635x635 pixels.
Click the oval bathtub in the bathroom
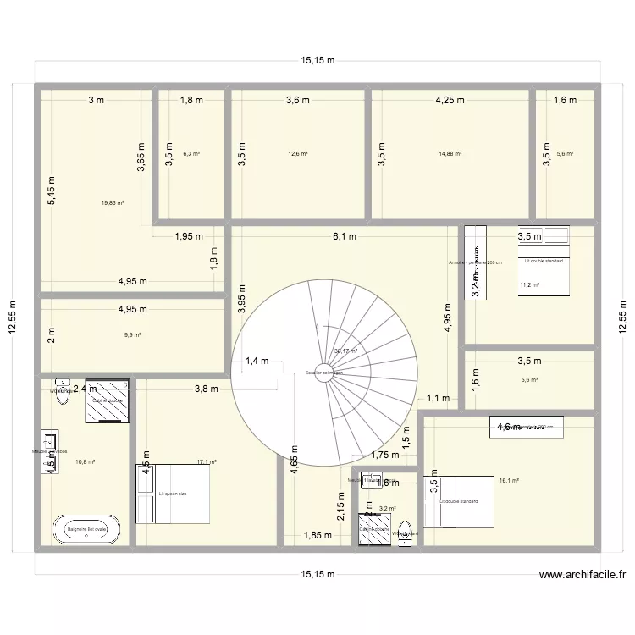[x=87, y=530]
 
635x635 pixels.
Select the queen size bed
[x=174, y=493]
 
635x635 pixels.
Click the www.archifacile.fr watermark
[x=583, y=574]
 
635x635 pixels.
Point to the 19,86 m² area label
[x=112, y=203]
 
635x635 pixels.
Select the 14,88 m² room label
[x=450, y=154]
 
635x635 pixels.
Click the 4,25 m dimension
[x=450, y=100]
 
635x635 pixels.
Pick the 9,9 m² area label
[x=132, y=335]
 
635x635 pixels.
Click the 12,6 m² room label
[x=298, y=154]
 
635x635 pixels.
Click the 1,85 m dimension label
[x=318, y=535]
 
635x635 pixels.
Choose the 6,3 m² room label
[x=192, y=154]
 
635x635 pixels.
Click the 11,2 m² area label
[x=529, y=285]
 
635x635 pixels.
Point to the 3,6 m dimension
[x=298, y=100]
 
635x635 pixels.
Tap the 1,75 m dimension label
[x=384, y=455]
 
